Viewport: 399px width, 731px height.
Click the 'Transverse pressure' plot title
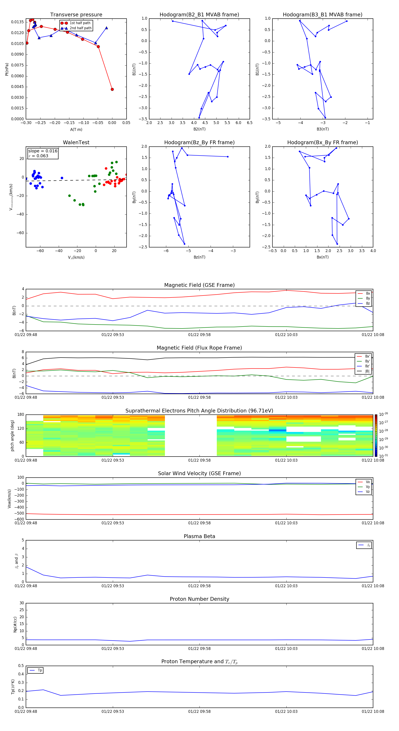click(x=76, y=15)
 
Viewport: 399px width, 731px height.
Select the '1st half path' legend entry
click(x=80, y=23)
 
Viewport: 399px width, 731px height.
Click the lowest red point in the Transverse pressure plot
click(x=112, y=89)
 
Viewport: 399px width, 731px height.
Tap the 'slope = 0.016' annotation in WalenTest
click(x=43, y=151)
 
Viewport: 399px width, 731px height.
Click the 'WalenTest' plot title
click(x=76, y=142)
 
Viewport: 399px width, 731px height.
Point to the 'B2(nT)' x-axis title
click(x=199, y=129)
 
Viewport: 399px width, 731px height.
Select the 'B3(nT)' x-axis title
click(x=323, y=129)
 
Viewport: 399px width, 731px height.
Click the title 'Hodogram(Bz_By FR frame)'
click(x=199, y=142)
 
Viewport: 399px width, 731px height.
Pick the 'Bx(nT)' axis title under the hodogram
click(x=323, y=257)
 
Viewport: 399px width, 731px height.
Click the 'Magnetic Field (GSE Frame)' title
click(x=199, y=285)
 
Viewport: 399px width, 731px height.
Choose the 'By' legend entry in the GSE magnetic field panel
click(x=368, y=298)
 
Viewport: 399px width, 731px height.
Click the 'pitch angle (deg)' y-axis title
click(x=12, y=435)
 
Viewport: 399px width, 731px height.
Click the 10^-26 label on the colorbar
click(x=383, y=414)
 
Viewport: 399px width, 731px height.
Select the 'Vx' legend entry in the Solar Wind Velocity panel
click(x=368, y=482)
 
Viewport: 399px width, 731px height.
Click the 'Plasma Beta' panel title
click(x=199, y=536)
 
